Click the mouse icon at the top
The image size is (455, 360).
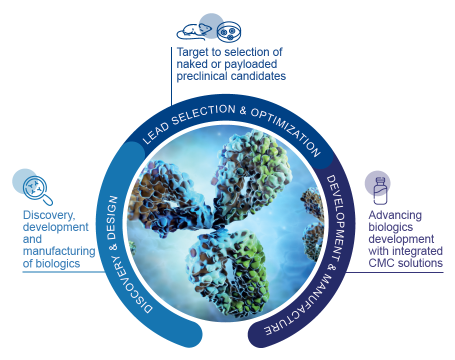click(194, 31)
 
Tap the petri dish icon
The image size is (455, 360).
click(229, 32)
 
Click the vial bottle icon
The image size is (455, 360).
click(380, 191)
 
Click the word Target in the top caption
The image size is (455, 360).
click(192, 52)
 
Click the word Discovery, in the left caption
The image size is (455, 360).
click(49, 215)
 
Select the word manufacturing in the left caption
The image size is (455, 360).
click(59, 251)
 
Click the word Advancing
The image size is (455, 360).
click(395, 215)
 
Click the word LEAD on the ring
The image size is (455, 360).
click(155, 133)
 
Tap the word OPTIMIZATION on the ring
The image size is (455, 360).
click(286, 131)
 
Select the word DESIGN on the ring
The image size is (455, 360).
click(112, 217)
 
